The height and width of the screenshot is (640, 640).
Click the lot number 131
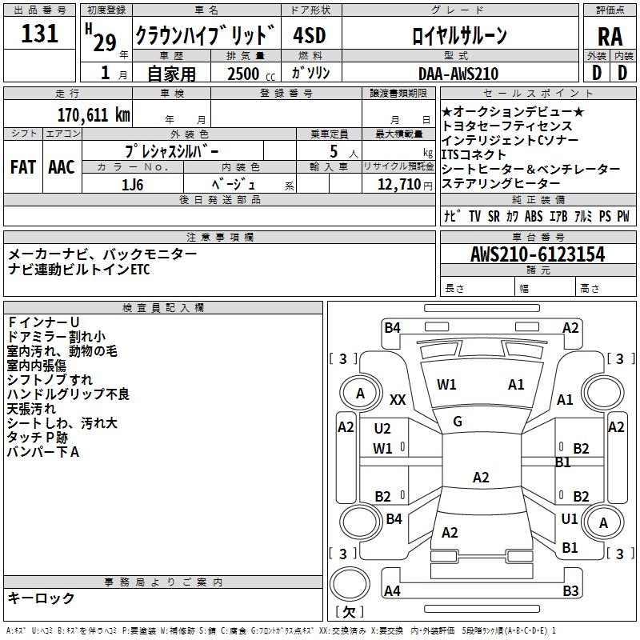point(39,34)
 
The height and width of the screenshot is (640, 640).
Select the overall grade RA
point(610,35)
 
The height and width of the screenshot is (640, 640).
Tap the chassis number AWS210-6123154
point(538,255)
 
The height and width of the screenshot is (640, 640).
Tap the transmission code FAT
point(22,167)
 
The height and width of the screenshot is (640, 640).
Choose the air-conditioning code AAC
point(61,167)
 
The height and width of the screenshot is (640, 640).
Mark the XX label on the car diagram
point(398,399)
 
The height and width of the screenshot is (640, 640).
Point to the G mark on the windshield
point(458,422)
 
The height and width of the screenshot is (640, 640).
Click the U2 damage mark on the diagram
point(382,429)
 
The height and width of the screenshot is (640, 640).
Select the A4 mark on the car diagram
point(392,591)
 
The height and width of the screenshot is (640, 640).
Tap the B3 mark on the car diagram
point(570,591)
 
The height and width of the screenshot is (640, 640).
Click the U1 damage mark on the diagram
point(570,519)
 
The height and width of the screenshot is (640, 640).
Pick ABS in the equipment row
point(534,216)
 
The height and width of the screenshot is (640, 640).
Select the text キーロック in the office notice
point(42,598)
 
